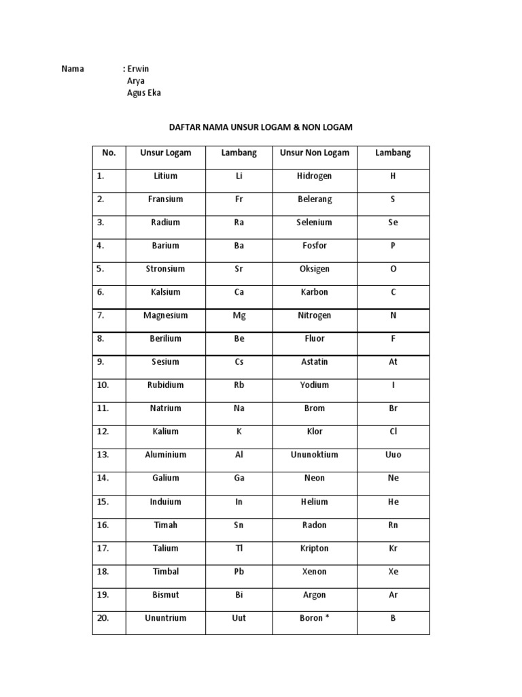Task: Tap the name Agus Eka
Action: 144,93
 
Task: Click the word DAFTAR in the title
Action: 185,127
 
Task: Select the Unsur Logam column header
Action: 166,153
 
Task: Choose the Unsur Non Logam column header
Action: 315,153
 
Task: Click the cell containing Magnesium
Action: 166,316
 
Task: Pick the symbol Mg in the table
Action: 239,316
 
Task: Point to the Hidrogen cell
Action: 315,176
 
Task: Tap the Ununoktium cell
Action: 315,455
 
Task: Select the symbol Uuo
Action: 393,455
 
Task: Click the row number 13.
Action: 103,455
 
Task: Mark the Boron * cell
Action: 315,618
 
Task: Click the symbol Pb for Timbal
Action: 239,572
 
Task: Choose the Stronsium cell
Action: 166,269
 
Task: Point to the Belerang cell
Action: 315,199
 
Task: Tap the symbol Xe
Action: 393,572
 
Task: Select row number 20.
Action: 103,618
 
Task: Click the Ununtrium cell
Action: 166,618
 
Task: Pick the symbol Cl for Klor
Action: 393,432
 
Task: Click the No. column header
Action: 109,153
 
